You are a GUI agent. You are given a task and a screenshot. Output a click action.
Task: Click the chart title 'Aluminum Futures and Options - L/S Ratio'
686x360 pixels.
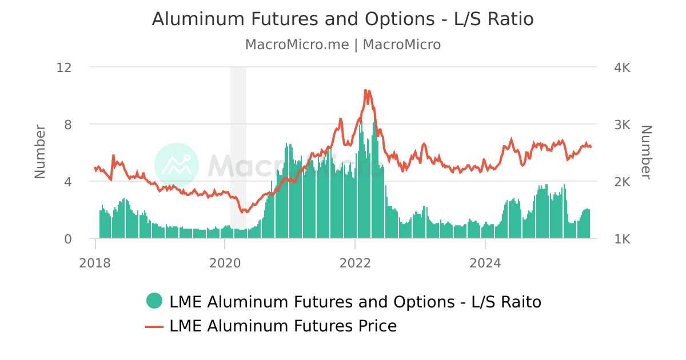point(342,19)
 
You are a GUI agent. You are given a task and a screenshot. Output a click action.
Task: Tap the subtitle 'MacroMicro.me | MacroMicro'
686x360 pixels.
point(342,45)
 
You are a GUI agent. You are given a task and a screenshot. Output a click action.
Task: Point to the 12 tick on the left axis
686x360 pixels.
point(64,67)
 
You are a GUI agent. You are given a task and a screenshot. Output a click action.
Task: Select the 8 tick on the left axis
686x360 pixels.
point(67,125)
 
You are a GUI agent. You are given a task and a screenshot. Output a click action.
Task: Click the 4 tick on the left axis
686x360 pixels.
point(67,182)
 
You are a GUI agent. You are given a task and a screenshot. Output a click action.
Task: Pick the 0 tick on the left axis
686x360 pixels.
point(67,239)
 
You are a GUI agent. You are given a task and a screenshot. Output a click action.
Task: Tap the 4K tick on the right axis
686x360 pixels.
point(622,67)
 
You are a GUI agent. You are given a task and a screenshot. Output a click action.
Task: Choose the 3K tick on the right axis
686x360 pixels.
point(622,125)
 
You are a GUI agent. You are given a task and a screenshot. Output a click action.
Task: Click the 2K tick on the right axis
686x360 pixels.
point(622,182)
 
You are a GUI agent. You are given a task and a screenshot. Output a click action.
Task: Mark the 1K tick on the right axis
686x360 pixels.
point(622,239)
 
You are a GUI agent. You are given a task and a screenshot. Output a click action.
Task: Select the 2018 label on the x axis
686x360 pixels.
point(95,263)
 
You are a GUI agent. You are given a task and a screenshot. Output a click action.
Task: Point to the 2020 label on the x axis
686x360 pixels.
point(225,263)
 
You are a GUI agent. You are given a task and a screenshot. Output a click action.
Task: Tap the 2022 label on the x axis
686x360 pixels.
point(355,263)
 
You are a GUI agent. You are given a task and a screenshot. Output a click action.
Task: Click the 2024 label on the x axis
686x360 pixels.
point(485,263)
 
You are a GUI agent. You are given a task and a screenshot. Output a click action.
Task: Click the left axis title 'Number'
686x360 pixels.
point(40,151)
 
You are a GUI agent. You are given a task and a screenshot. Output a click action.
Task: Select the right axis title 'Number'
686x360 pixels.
point(646,151)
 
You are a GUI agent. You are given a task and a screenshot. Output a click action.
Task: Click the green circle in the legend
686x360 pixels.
point(154,301)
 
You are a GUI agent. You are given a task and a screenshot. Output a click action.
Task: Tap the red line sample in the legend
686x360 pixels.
point(154,326)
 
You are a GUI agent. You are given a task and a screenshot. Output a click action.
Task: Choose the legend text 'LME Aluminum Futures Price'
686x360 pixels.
point(283,326)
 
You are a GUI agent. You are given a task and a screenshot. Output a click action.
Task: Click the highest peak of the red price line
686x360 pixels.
point(365,90)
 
